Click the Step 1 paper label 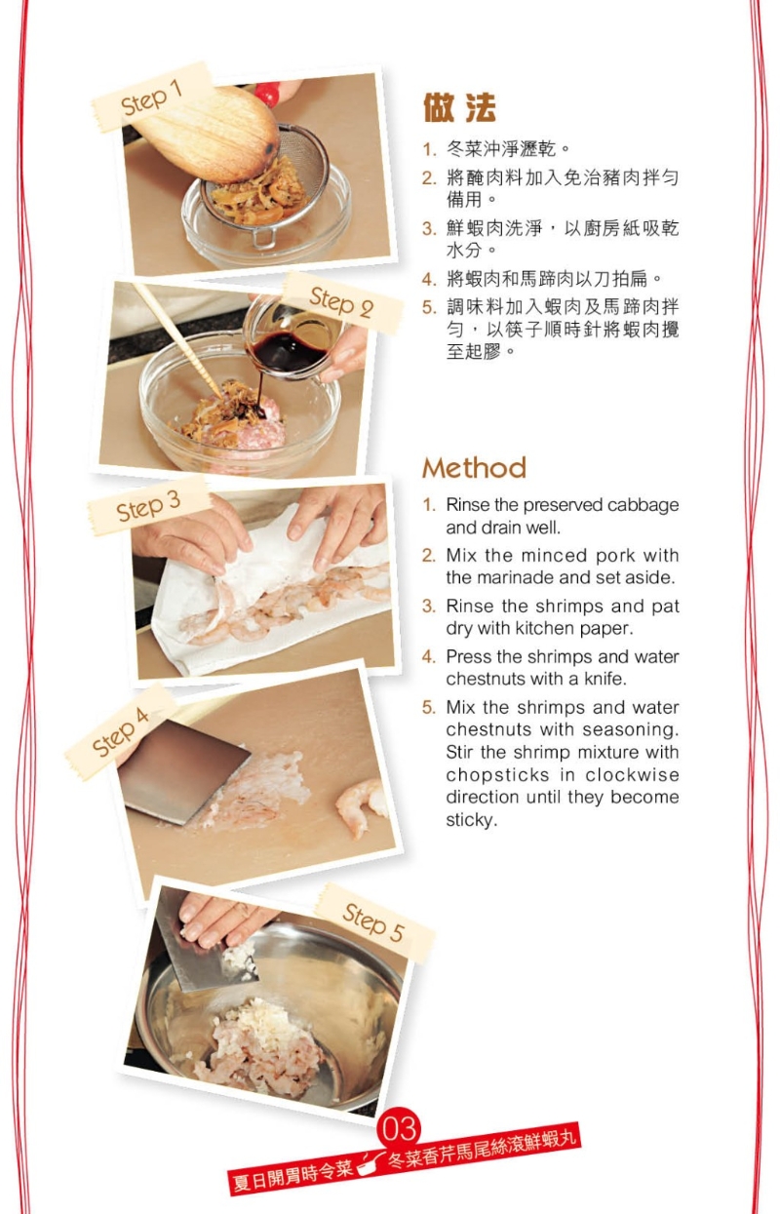pos(151,98)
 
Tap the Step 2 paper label pos(342,302)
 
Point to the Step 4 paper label pos(120,732)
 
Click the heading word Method pos(474,468)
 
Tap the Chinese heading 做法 pos(459,107)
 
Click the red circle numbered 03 pos(400,1129)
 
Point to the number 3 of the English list pos(428,606)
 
